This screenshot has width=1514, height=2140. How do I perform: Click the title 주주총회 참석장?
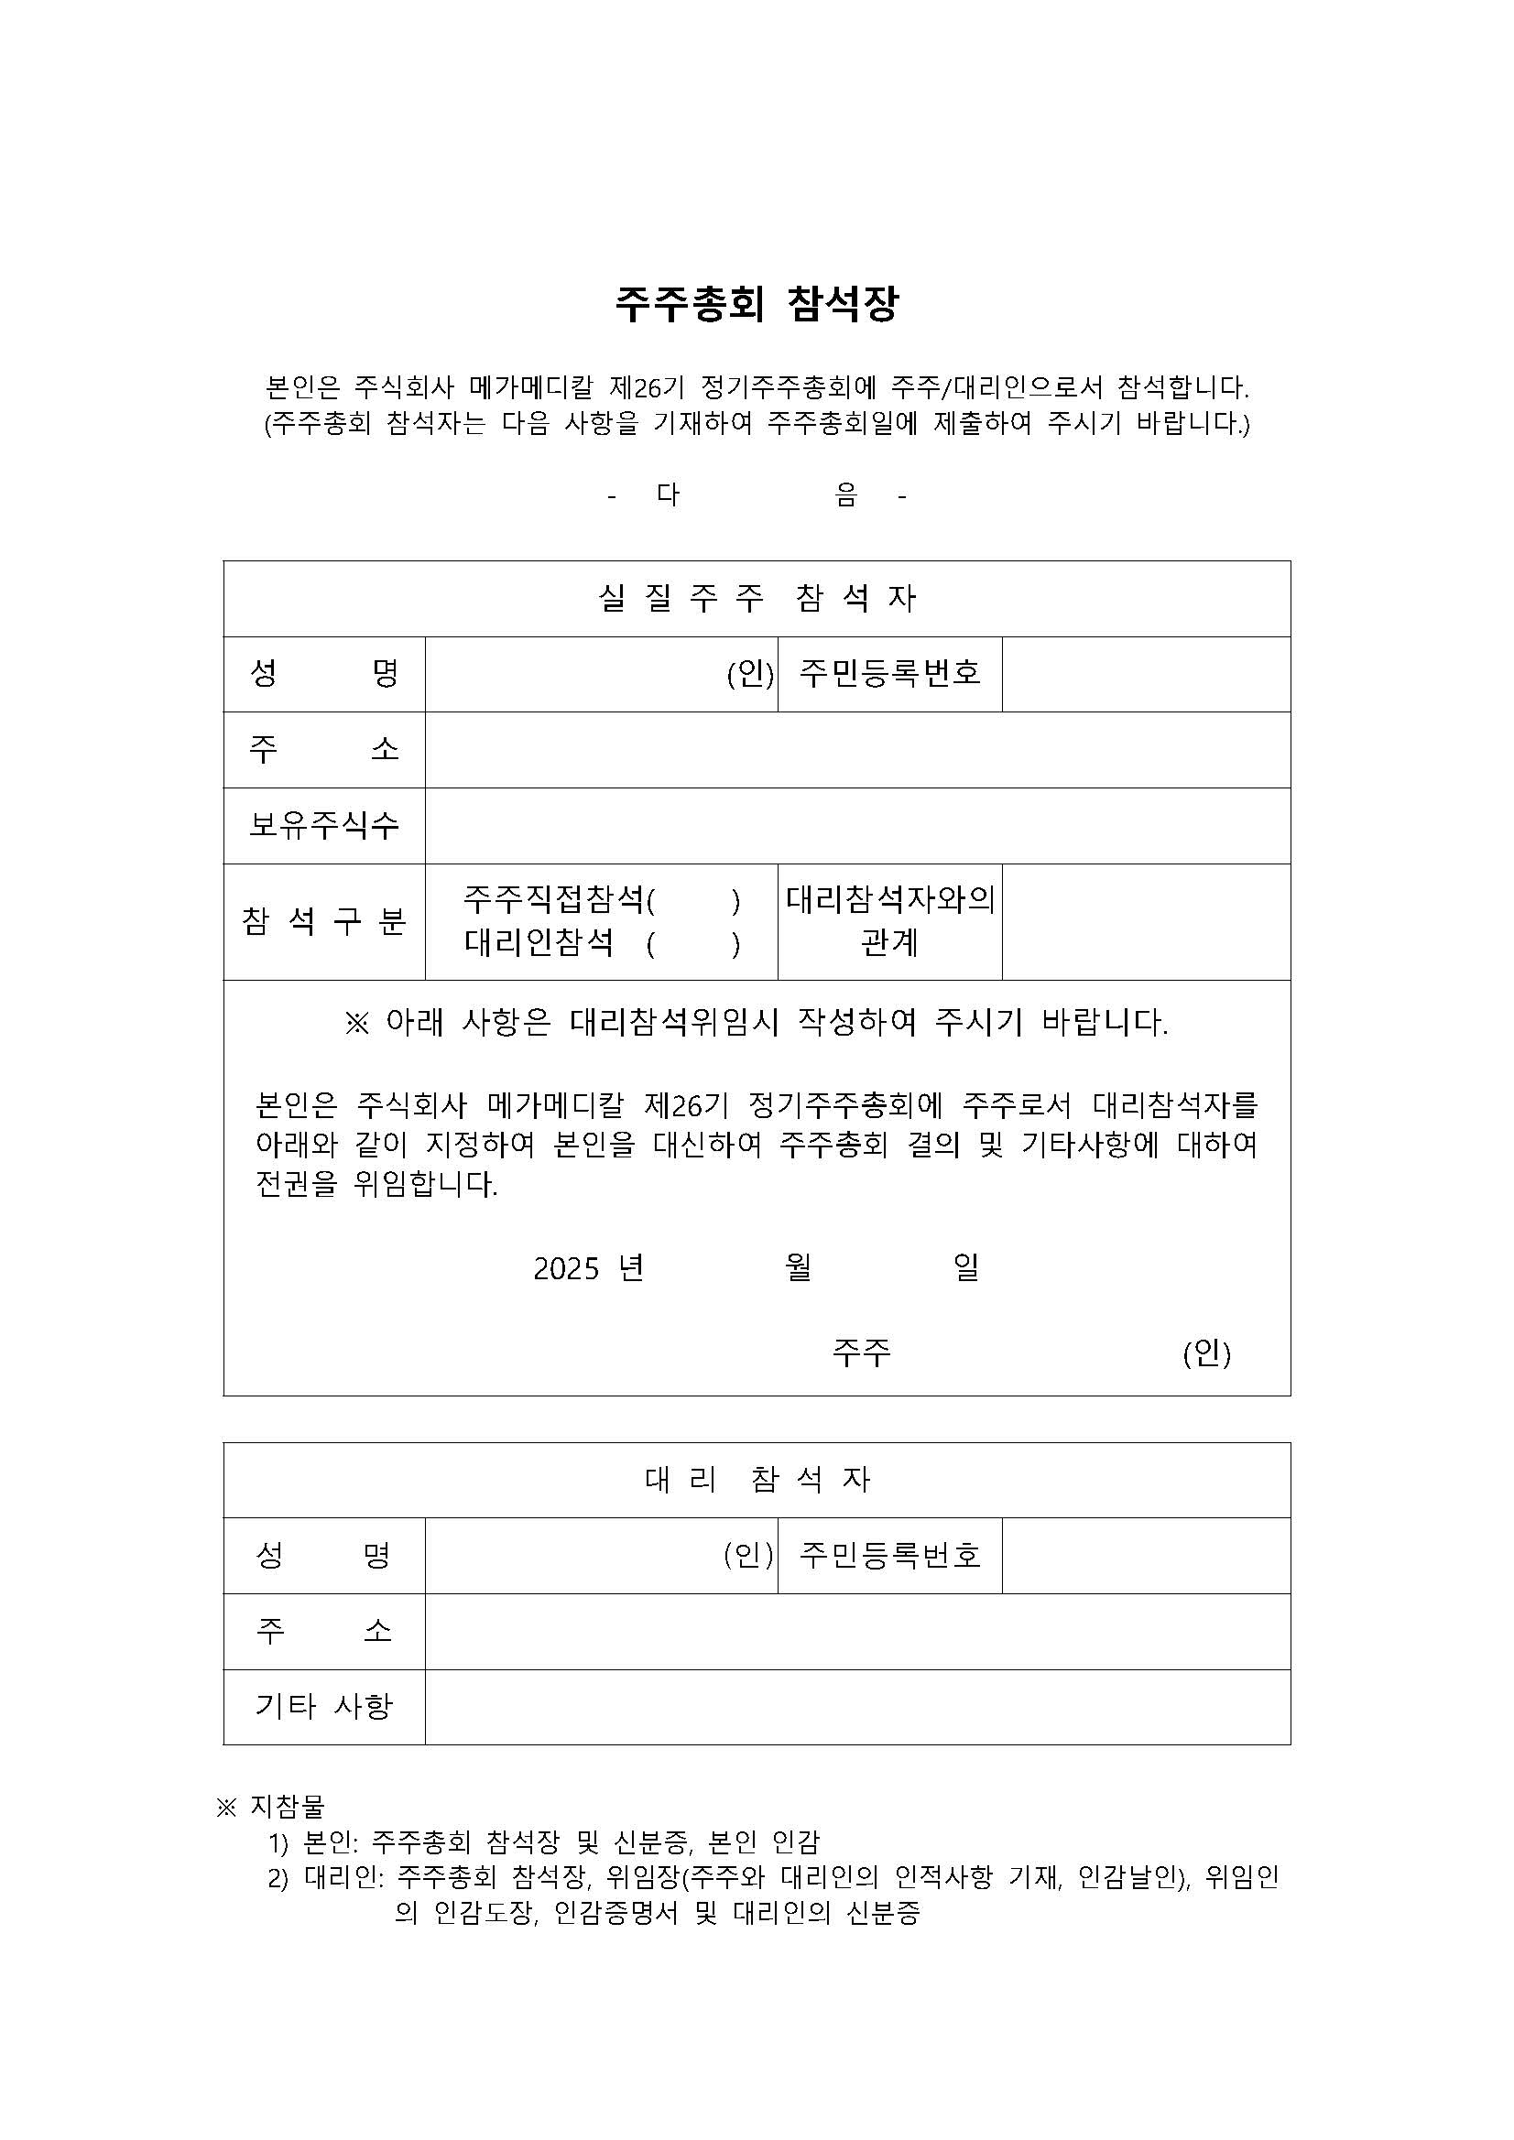(756, 304)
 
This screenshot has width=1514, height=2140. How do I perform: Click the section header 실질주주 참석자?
(756, 598)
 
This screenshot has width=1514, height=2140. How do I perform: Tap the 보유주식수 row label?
(323, 825)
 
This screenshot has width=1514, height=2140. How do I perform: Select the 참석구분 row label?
(323, 922)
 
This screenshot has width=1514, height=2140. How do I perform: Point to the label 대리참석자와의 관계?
(889, 921)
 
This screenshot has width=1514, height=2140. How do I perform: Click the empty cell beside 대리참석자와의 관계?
(1146, 922)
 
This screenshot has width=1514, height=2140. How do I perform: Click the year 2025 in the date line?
(566, 1268)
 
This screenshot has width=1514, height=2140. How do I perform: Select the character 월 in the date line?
(799, 1267)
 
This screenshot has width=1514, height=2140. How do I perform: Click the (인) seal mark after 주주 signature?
(1206, 1352)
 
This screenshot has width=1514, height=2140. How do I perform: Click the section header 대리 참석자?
(756, 1479)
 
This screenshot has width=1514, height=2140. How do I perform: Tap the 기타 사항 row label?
(323, 1706)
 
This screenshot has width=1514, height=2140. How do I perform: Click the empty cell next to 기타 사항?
(856, 1707)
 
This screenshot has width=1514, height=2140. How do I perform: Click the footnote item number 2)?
(278, 1878)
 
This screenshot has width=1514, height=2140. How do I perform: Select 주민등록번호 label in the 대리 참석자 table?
(889, 1555)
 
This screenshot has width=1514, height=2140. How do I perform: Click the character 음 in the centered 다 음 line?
(846, 494)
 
